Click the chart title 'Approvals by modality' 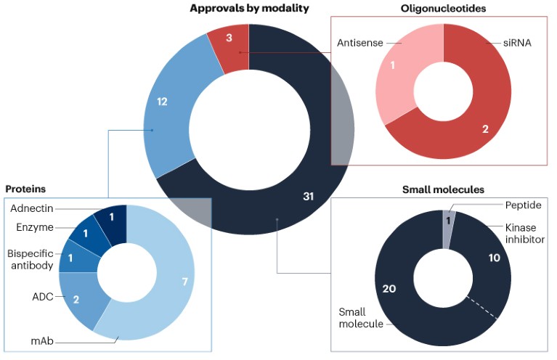point(249,9)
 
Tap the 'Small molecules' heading point(443,189)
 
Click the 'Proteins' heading point(25,189)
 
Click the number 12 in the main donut point(163,102)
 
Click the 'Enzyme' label point(35,227)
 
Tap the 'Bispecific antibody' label point(31,260)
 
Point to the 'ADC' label point(43,296)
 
